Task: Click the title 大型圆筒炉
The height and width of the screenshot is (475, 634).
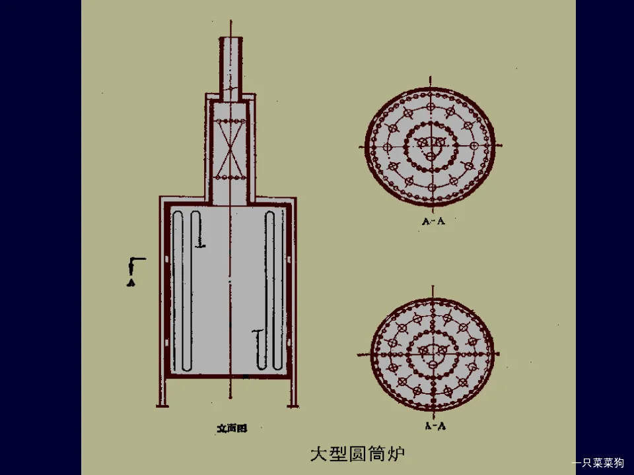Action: tap(357, 454)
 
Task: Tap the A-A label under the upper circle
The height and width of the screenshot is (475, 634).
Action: tap(433, 222)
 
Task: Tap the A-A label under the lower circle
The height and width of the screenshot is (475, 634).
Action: tap(435, 426)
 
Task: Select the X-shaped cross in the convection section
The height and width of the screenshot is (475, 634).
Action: tap(230, 150)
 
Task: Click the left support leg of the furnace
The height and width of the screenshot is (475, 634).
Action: tap(162, 393)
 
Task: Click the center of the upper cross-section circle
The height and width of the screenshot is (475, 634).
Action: tap(431, 145)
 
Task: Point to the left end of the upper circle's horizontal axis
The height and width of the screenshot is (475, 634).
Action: tap(361, 145)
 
